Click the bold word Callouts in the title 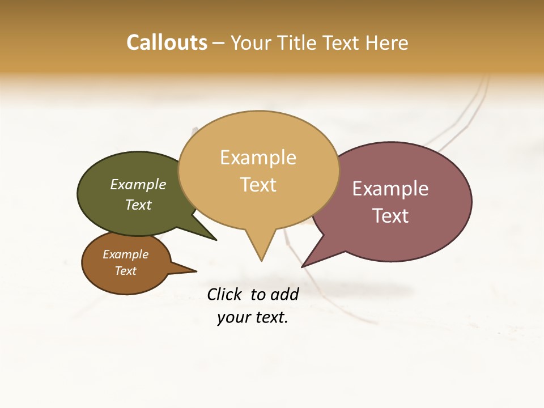click(167, 42)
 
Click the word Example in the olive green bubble click(138, 185)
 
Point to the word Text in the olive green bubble click(138, 205)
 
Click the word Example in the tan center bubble click(258, 158)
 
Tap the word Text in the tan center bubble click(258, 185)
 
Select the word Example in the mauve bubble click(390, 189)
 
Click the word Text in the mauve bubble click(390, 216)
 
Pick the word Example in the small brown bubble click(126, 254)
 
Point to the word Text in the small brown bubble click(126, 271)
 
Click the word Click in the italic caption click(224, 294)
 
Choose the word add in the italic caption click(284, 294)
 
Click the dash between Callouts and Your click(219, 43)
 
